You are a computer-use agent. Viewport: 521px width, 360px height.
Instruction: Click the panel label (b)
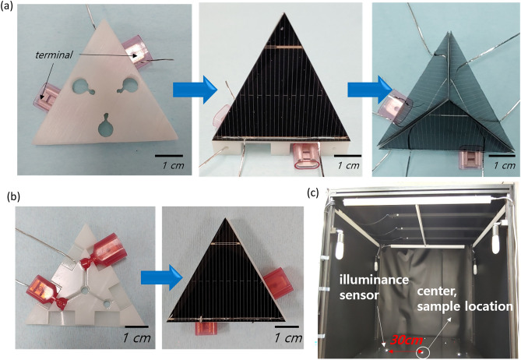[10, 197]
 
